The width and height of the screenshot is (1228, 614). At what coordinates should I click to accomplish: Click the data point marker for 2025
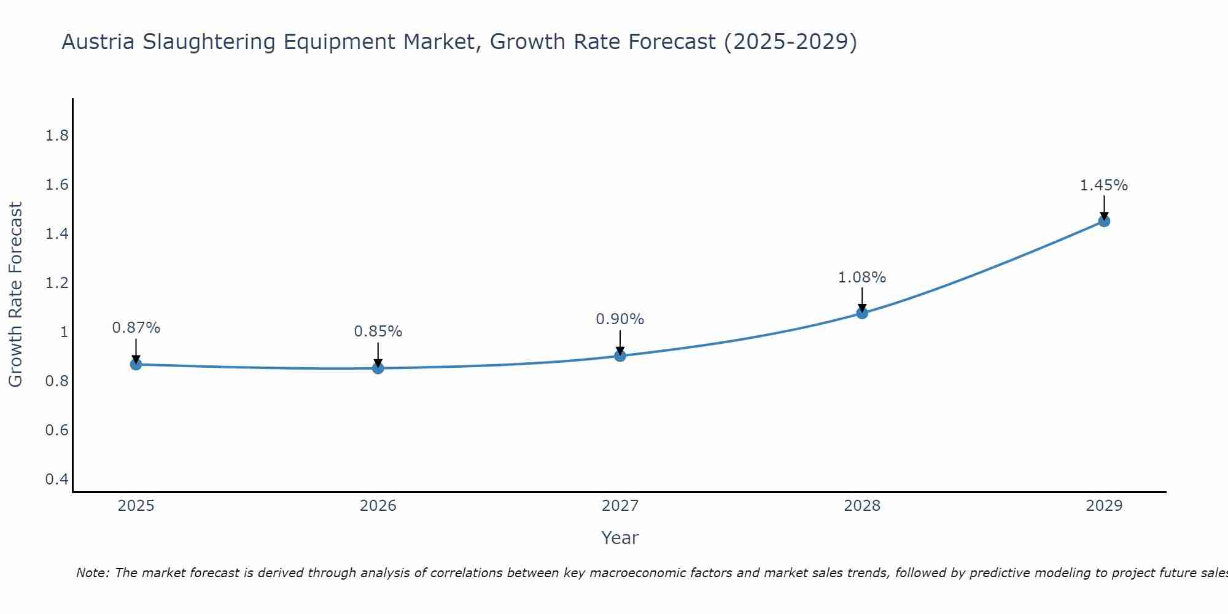[x=136, y=364]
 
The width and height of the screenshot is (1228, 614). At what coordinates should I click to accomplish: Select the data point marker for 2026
[x=378, y=368]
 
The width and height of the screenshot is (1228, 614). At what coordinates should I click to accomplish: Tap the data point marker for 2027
[x=620, y=356]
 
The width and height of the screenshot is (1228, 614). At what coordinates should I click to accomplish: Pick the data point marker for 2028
[x=861, y=313]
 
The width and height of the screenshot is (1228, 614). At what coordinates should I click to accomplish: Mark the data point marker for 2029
[x=1103, y=221]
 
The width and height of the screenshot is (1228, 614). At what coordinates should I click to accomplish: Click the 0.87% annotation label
[x=136, y=328]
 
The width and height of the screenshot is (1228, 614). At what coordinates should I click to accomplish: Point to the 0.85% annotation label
[x=378, y=332]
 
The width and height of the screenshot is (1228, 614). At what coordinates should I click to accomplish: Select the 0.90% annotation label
[x=620, y=319]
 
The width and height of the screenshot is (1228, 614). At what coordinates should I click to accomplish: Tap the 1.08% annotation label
[x=861, y=278]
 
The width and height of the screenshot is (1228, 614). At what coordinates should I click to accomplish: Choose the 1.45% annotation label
[x=1103, y=185]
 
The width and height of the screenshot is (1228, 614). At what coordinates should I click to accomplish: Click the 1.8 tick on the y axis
[x=56, y=136]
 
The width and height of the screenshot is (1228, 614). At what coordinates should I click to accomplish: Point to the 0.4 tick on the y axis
[x=56, y=479]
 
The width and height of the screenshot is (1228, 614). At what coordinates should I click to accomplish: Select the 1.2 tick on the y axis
[x=56, y=283]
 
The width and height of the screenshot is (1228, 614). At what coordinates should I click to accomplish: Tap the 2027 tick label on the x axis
[x=620, y=506]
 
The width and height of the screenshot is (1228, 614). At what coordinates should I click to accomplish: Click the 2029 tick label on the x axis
[x=1103, y=506]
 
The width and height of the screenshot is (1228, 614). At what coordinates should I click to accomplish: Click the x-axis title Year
[x=620, y=538]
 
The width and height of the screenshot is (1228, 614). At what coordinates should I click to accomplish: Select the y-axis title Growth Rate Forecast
[x=15, y=295]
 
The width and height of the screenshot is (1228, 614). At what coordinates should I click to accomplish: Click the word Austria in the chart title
[x=98, y=42]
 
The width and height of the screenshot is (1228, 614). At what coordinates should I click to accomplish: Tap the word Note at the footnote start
[x=92, y=573]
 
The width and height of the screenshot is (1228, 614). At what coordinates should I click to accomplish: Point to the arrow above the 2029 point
[x=1103, y=208]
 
